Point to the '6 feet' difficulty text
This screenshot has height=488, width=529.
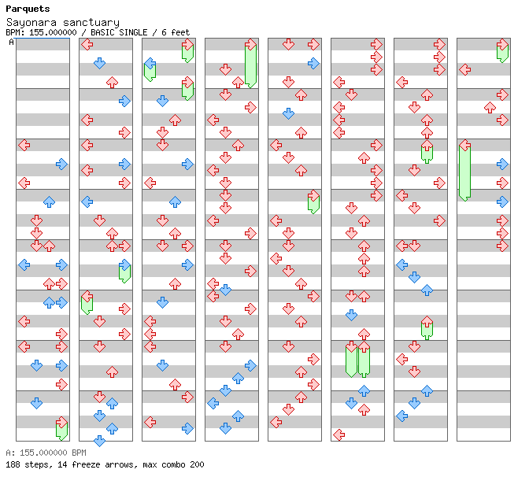(x=175, y=33)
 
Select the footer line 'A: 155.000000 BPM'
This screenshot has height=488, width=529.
(x=45, y=453)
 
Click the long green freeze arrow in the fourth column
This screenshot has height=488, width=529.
(x=250, y=65)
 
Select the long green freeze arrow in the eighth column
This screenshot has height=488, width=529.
(x=464, y=171)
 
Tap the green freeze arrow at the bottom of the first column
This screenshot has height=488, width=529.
(x=61, y=429)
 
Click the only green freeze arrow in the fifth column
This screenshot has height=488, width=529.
(x=313, y=201)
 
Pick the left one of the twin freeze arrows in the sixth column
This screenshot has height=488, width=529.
(x=351, y=359)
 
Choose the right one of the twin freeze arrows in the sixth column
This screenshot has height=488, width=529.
(x=364, y=359)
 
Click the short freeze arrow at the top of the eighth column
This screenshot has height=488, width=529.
(x=502, y=51)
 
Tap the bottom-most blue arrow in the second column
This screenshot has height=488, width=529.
(x=99, y=441)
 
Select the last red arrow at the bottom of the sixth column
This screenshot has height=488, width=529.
(x=338, y=434)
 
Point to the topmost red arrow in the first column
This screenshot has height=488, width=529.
(x=24, y=145)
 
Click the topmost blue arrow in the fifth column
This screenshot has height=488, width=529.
(x=313, y=63)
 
